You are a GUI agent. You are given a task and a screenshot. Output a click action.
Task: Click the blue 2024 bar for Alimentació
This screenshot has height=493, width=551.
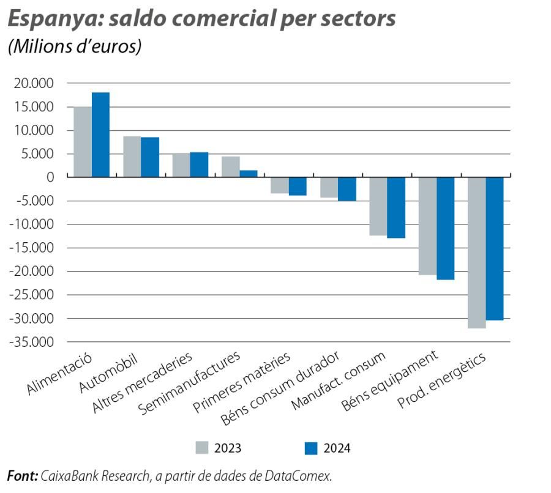100,135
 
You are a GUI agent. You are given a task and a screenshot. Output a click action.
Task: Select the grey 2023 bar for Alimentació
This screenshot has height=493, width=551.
83,142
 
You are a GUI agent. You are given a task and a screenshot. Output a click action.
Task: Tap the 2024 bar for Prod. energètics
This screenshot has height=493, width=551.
495,248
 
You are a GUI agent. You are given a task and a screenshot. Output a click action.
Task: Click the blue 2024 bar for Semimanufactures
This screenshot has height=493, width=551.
249,174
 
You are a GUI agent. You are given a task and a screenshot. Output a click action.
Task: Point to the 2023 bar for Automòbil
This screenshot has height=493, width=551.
132,157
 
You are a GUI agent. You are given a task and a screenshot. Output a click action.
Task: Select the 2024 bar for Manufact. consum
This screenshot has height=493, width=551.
396,207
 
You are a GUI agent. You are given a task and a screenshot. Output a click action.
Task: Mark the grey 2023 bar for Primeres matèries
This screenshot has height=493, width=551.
280,185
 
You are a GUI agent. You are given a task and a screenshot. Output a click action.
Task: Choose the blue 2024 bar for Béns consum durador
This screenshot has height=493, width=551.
347,189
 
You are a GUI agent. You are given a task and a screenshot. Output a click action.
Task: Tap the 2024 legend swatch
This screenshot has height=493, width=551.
311,448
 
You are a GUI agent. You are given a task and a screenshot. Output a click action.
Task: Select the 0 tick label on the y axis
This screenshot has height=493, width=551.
50,177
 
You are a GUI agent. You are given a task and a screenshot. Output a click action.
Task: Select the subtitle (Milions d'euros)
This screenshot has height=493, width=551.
74,48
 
